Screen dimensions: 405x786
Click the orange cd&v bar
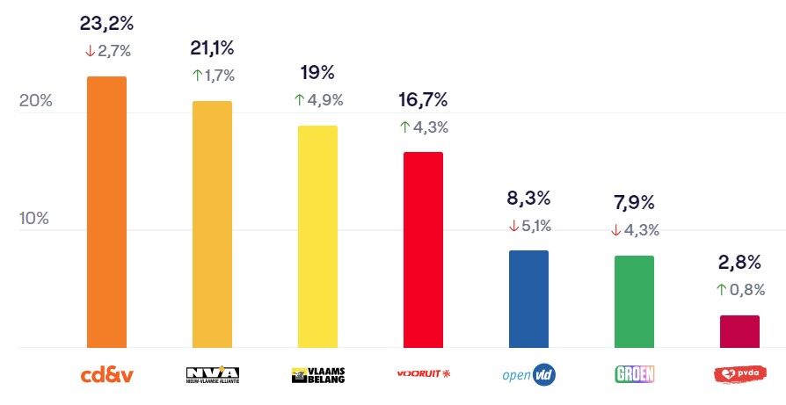(x=106, y=212)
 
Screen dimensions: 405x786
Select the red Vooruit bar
(x=423, y=250)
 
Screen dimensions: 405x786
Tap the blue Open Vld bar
(x=528, y=299)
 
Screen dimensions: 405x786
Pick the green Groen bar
(x=634, y=301)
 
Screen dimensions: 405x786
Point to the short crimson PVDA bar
(x=739, y=331)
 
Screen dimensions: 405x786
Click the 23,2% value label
(x=106, y=22)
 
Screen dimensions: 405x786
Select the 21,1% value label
(x=212, y=47)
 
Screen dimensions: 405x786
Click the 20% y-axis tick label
(x=36, y=100)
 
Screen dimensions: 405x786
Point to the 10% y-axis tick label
(x=36, y=218)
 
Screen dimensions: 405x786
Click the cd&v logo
(x=106, y=375)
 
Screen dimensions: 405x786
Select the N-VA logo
(x=212, y=375)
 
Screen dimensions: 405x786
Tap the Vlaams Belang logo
(x=317, y=375)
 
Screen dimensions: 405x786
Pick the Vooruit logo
(x=423, y=375)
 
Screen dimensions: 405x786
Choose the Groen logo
(x=634, y=375)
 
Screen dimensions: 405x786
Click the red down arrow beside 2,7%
(x=90, y=51)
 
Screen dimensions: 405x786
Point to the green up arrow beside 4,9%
(x=299, y=100)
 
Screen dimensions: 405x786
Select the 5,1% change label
(x=535, y=227)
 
